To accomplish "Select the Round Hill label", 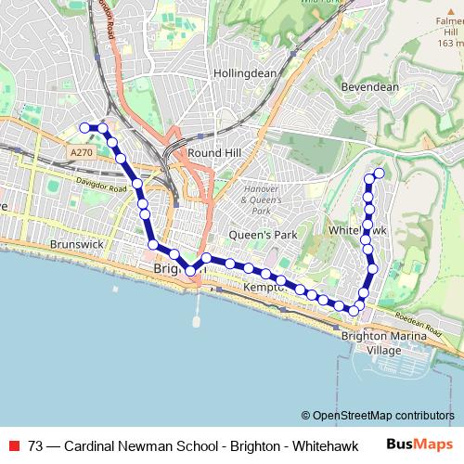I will [215, 153].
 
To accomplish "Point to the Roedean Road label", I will [427, 322].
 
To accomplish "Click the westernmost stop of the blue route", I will [85, 128].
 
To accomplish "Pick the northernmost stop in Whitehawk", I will [379, 173].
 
